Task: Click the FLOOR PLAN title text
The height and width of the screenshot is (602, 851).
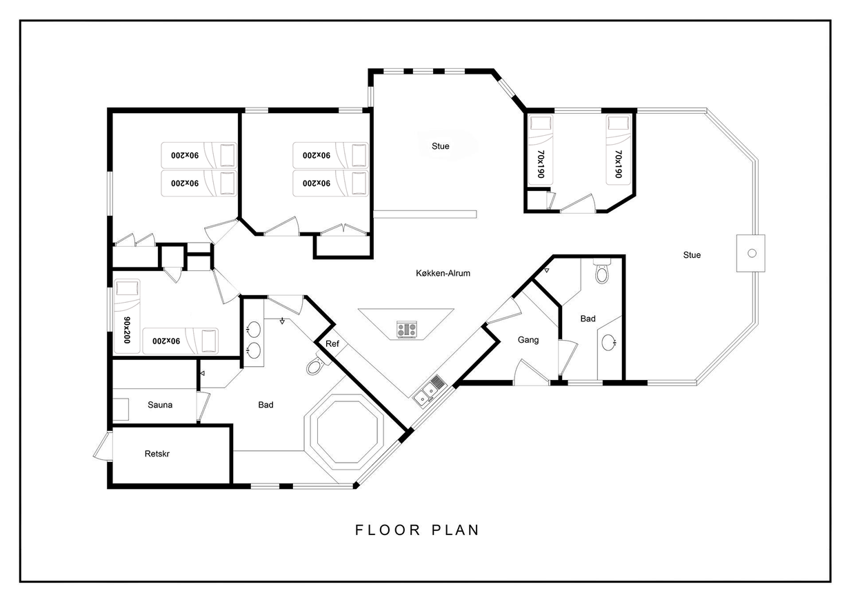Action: [417, 530]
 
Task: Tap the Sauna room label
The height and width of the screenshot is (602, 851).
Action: [160, 405]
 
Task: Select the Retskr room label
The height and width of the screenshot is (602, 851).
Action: [157, 454]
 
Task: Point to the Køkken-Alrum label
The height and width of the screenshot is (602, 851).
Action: [443, 273]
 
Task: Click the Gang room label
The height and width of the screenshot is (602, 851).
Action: [528, 339]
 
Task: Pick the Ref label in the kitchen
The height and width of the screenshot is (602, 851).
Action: [332, 343]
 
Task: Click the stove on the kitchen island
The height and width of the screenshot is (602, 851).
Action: [407, 330]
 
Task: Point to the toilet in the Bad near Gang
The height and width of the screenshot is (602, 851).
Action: [601, 271]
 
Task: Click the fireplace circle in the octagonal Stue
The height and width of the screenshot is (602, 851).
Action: [752, 253]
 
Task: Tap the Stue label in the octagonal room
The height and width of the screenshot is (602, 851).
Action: [692, 255]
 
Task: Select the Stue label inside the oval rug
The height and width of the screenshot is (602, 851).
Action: [440, 146]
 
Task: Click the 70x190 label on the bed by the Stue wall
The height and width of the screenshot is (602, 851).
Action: [619, 164]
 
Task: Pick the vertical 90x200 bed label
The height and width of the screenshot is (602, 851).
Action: [127, 330]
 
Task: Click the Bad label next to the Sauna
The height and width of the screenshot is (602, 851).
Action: [266, 405]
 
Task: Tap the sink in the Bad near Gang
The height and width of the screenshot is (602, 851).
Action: [608, 343]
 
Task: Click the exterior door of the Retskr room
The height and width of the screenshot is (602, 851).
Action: [103, 446]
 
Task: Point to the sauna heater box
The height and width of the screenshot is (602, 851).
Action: [121, 409]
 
